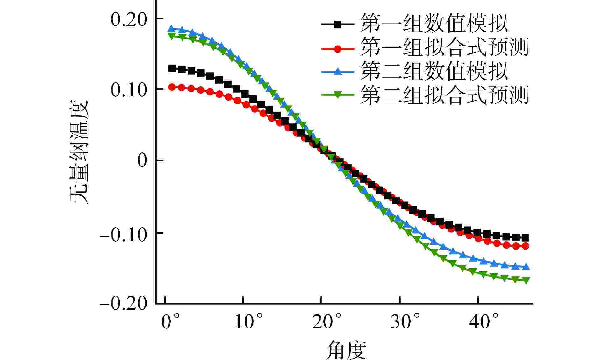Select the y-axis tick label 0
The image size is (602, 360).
(x=142, y=160)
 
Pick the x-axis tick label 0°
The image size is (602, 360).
(x=170, y=322)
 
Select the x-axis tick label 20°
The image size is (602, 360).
(x=327, y=322)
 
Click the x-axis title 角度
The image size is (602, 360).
(x=346, y=350)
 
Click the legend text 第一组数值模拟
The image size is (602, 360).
(x=434, y=23)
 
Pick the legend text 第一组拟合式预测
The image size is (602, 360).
(x=444, y=47)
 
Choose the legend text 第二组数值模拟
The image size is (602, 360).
(x=434, y=71)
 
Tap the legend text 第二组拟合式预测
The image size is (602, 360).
(x=444, y=95)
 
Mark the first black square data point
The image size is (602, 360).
(x=172, y=68)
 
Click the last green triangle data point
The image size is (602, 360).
(x=526, y=280)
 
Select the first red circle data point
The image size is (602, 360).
(x=172, y=87)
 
